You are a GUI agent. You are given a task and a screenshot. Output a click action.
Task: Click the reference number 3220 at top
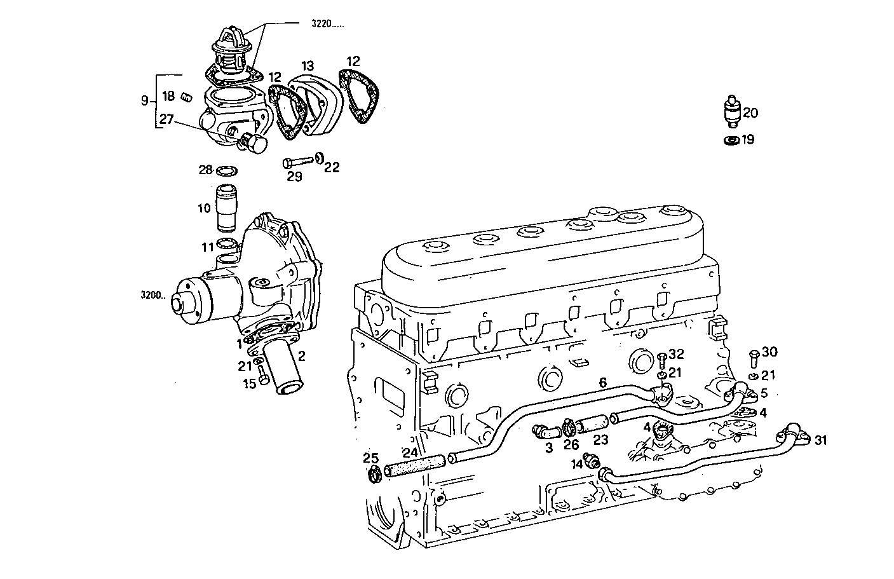click(x=327, y=24)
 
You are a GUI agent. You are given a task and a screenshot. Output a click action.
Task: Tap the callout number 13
click(x=308, y=65)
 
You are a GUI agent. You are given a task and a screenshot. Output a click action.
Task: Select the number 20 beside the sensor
click(x=750, y=113)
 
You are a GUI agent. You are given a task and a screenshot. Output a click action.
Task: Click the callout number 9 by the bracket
click(x=145, y=100)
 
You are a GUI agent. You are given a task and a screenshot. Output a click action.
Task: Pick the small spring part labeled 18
click(x=186, y=97)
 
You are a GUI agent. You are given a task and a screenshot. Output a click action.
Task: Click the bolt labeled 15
click(x=263, y=379)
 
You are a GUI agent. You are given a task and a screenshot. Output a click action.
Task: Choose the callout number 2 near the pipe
click(x=302, y=356)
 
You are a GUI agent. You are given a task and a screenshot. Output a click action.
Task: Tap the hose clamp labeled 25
click(x=375, y=473)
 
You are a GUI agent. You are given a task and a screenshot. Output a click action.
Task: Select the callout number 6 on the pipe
click(x=602, y=382)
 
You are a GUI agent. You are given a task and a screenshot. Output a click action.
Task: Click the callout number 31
click(x=821, y=440)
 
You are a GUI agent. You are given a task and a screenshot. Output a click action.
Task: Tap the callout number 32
click(x=676, y=354)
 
